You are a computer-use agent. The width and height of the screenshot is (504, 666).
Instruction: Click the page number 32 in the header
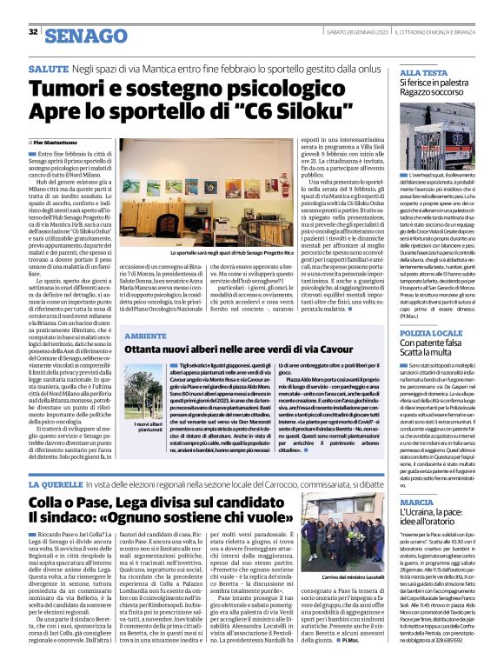click(x=34, y=32)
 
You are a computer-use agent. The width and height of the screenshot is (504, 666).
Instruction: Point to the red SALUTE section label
click(x=49, y=67)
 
